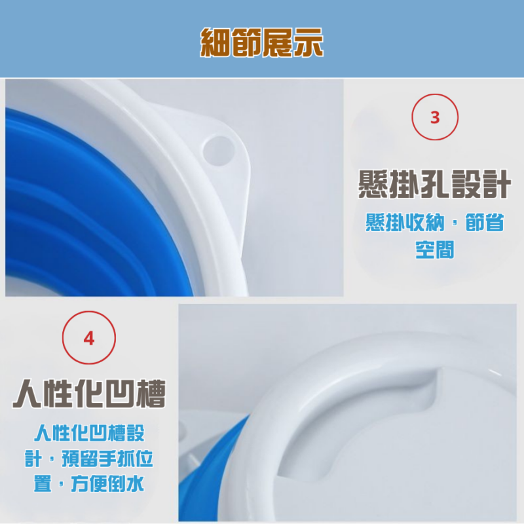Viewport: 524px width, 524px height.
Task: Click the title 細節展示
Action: click(262, 42)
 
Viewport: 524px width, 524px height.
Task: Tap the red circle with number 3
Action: click(434, 117)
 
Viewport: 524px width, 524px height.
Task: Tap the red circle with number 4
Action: click(88, 339)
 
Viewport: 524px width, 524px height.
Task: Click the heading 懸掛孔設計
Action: click(434, 185)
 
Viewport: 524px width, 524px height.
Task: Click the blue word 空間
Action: click(434, 249)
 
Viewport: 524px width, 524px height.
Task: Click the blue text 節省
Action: click(483, 223)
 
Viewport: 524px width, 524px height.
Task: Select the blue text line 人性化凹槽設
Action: click(89, 434)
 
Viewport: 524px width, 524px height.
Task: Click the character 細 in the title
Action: click(216, 42)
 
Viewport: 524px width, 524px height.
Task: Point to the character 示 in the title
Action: click(308, 42)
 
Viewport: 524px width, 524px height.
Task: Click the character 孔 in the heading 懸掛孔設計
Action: click(434, 185)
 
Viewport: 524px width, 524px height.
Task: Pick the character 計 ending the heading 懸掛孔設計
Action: click(495, 185)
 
